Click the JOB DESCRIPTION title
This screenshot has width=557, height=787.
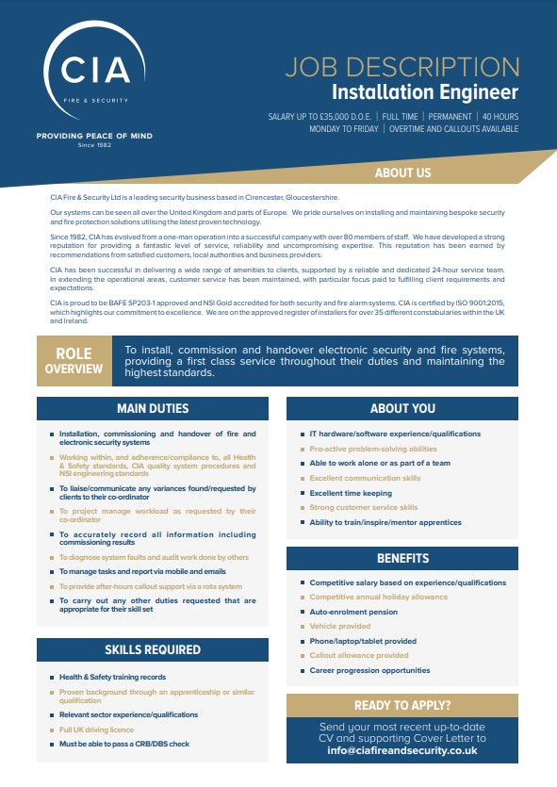(x=401, y=67)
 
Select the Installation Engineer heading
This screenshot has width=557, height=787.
(x=424, y=91)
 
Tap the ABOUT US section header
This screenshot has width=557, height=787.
(x=402, y=172)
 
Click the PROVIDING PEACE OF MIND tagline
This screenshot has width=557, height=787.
(x=93, y=136)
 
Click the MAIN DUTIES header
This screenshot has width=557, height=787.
(x=153, y=408)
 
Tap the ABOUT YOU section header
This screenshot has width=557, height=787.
(x=402, y=408)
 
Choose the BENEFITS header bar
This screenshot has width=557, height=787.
(x=402, y=558)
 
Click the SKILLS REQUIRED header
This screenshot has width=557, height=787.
(x=153, y=649)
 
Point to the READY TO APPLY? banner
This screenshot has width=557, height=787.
(x=402, y=705)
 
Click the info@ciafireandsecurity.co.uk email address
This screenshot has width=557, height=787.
(x=402, y=750)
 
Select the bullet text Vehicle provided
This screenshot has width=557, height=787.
(x=340, y=626)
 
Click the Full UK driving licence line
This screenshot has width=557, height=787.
(x=96, y=730)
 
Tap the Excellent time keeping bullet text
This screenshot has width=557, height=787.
(x=351, y=493)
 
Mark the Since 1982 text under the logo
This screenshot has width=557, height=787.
(x=93, y=145)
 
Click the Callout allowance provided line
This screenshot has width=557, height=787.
(x=359, y=655)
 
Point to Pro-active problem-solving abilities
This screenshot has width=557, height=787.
(x=373, y=449)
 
